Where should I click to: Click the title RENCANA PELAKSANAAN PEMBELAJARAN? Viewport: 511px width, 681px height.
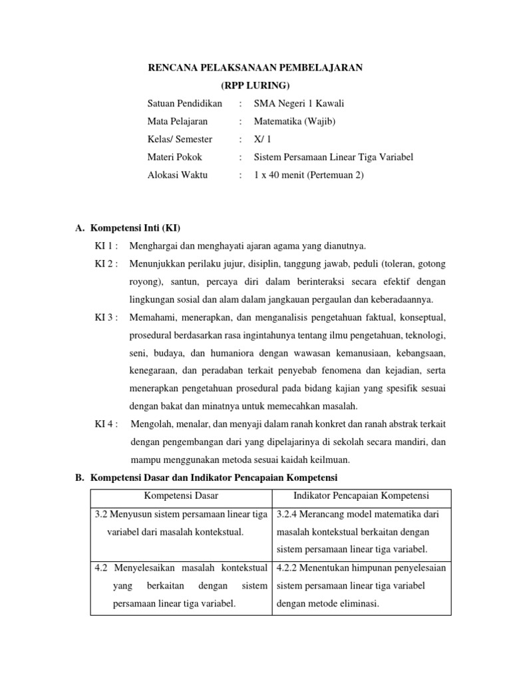(x=255, y=68)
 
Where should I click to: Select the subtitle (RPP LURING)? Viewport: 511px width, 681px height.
(x=255, y=86)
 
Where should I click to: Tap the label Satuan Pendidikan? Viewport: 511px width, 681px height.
(x=184, y=104)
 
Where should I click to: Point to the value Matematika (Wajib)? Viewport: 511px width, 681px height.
(x=295, y=122)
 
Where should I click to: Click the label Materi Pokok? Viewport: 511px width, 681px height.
(x=174, y=158)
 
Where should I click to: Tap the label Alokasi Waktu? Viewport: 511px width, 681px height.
(x=177, y=176)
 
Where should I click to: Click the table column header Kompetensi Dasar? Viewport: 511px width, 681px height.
(x=181, y=496)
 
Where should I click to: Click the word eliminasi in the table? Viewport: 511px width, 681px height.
(x=357, y=603)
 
